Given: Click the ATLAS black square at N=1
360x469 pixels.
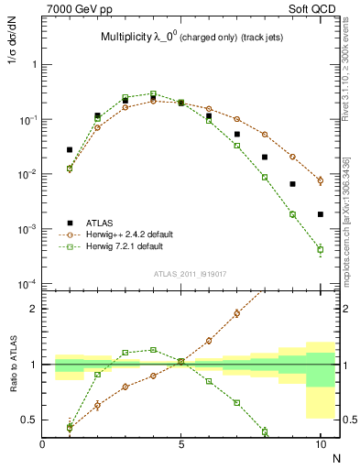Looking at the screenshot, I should tap(70, 149).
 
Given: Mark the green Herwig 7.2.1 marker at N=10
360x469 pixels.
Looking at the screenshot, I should tap(321, 249).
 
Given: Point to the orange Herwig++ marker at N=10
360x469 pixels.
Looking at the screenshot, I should tap(321, 180).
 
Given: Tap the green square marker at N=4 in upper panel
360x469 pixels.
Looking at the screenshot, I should tap(153, 93).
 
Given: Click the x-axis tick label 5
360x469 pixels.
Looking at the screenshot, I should tap(181, 444).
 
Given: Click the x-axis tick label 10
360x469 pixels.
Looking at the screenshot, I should tap(321, 444).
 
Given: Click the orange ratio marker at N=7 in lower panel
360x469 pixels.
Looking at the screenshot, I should tap(236, 313).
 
